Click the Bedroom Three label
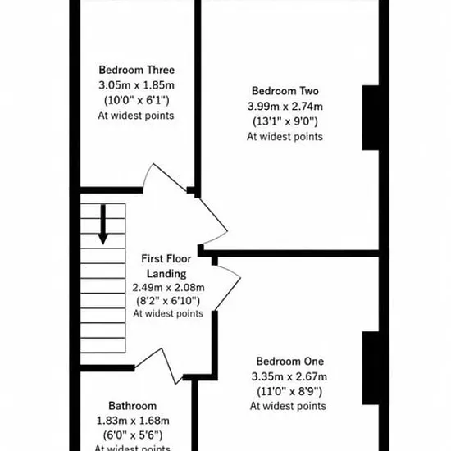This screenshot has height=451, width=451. (137, 70)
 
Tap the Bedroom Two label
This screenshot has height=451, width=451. (285, 91)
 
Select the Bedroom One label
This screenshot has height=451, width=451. (290, 362)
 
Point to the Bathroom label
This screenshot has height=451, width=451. (133, 406)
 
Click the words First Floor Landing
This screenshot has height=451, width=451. (166, 266)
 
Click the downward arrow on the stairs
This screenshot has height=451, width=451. (103, 225)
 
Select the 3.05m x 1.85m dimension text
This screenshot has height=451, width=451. (137, 85)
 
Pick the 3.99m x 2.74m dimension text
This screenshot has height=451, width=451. (285, 107)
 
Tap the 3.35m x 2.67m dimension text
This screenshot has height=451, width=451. (289, 376)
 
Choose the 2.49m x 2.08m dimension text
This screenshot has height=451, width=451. (168, 287)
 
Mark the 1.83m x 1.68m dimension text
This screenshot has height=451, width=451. (133, 421)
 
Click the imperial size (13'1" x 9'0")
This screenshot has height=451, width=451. (285, 121)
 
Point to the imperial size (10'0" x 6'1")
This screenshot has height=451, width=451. (137, 100)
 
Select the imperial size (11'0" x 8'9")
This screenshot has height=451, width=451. (289, 391)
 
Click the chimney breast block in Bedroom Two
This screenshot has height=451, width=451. (371, 117)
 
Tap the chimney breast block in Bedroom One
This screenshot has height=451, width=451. (371, 368)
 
